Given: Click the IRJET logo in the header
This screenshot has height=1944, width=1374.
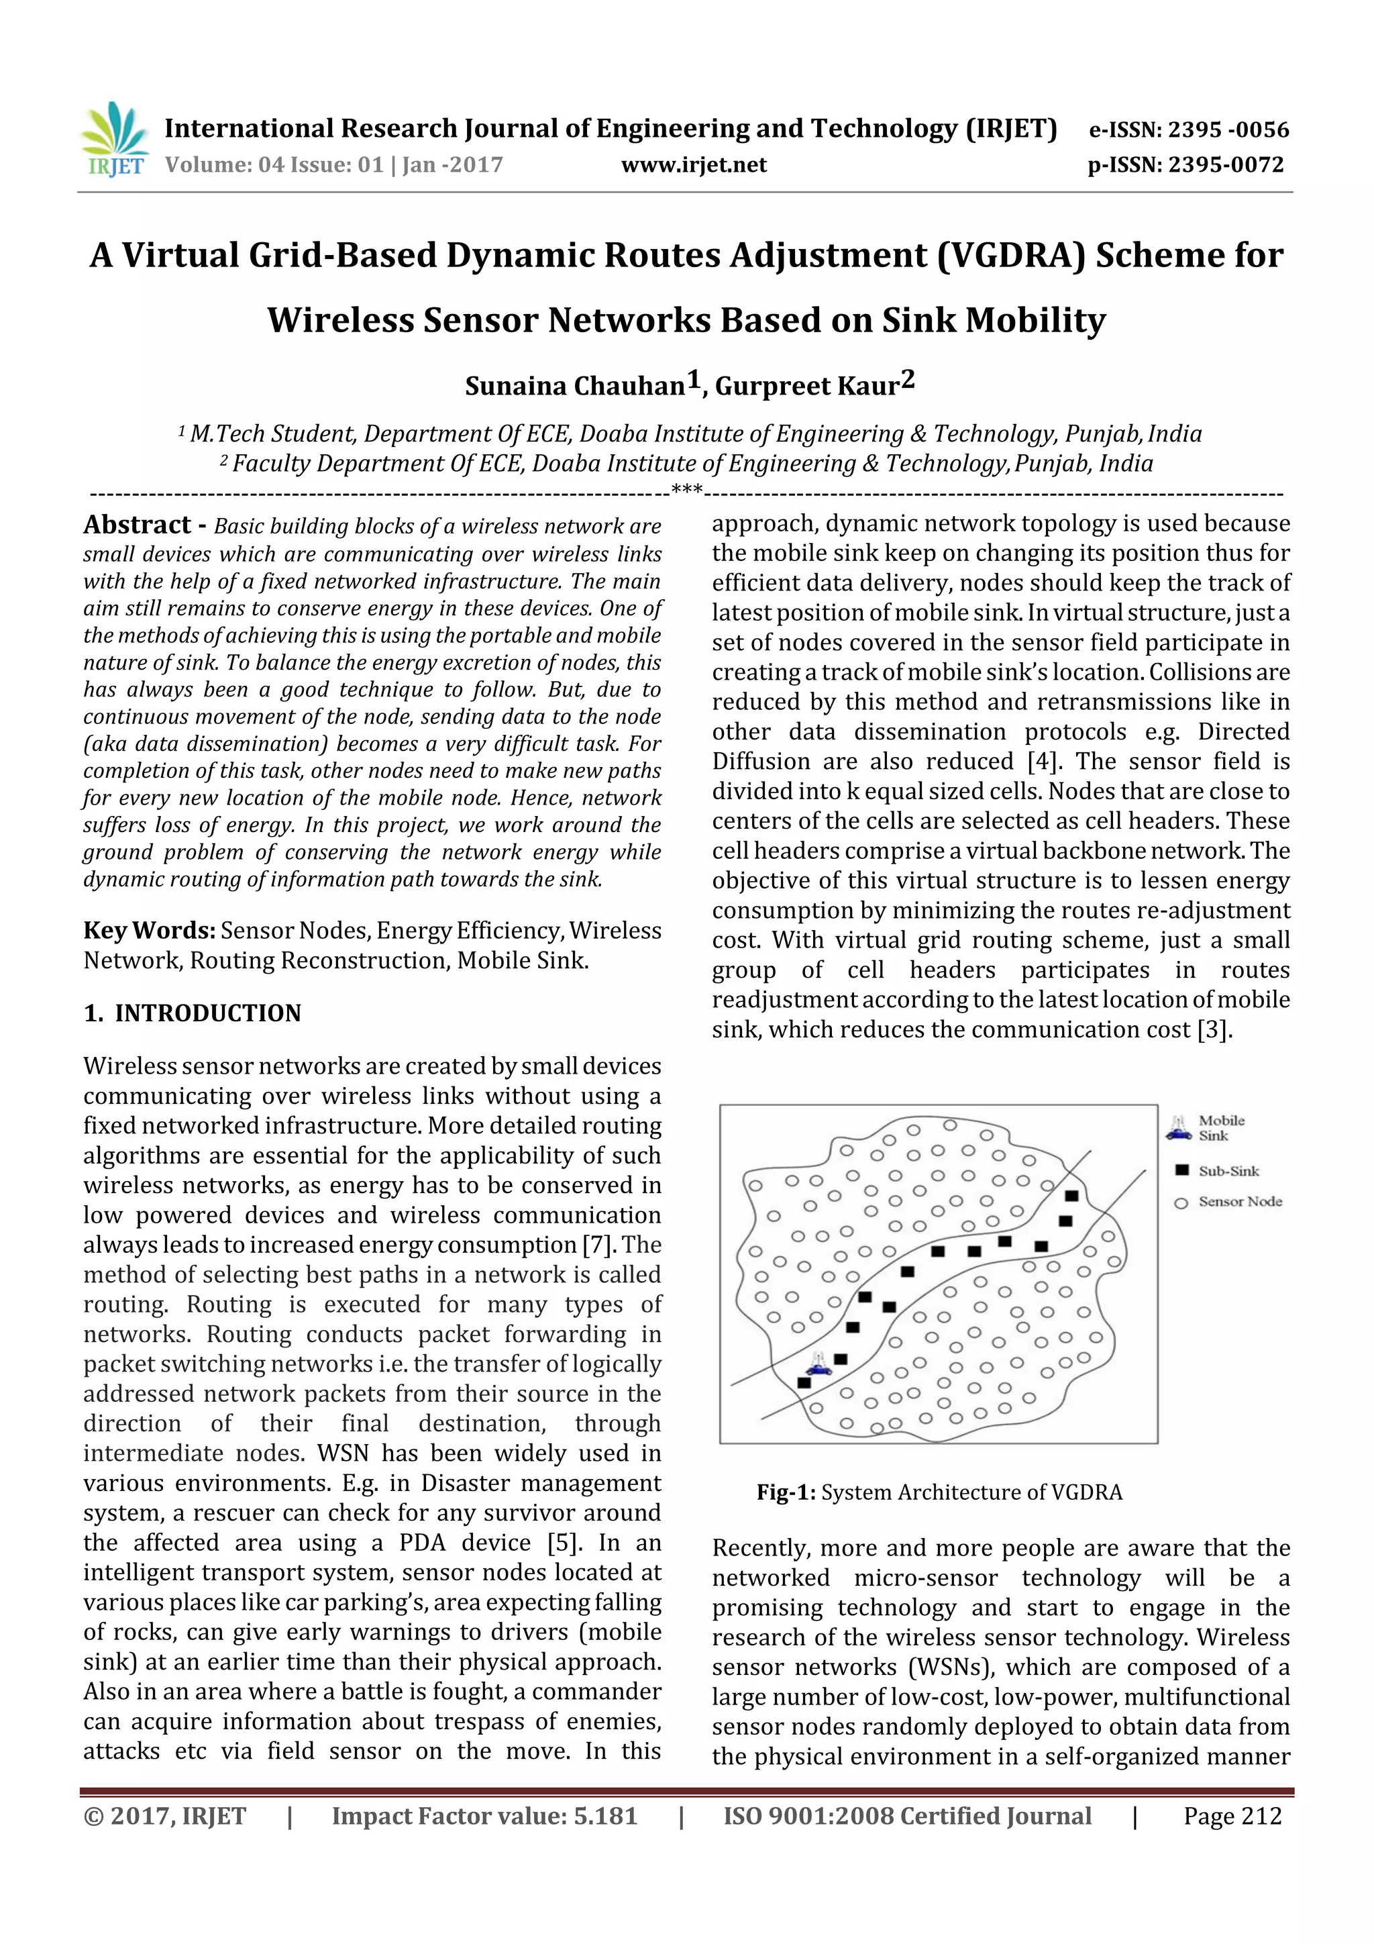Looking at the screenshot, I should (113, 138).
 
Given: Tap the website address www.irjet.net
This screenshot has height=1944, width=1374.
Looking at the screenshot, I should (693, 165).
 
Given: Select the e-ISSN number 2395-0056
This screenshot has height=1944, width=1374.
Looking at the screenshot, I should (1228, 130).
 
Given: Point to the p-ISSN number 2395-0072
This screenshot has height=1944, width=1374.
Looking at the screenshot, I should (1226, 165).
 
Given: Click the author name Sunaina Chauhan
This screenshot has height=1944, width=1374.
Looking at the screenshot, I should (575, 386).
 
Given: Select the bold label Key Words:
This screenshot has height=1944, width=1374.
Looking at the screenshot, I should (149, 931).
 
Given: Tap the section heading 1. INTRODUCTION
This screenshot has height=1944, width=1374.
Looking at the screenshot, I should (192, 1013).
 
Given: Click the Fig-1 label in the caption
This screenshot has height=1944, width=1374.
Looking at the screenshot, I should (785, 1492).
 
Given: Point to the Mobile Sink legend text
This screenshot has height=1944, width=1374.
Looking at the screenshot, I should (1221, 1128).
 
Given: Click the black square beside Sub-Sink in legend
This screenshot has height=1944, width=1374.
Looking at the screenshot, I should (1182, 1170).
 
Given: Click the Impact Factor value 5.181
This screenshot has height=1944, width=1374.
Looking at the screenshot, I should (605, 1816).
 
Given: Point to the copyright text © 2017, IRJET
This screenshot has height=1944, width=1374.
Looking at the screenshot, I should (164, 1816).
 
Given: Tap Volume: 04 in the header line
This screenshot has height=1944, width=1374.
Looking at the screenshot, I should (208, 165).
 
